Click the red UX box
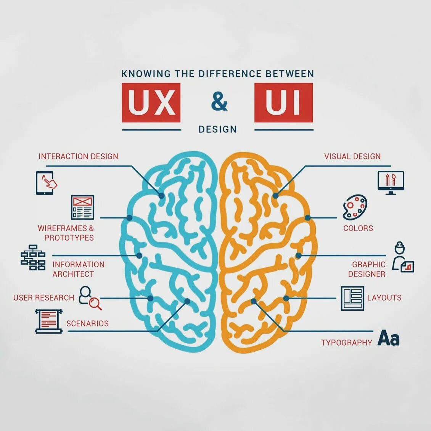(151, 103)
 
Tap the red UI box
(283, 103)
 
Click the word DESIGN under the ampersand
(218, 129)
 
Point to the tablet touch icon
(46, 183)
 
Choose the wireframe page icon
(82, 207)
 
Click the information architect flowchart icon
(33, 257)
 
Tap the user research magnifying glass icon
(90, 298)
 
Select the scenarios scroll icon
(48, 322)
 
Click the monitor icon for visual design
(390, 183)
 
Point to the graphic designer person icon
(402, 257)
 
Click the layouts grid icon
(352, 298)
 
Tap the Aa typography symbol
(388, 338)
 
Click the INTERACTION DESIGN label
(78, 156)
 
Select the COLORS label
(358, 228)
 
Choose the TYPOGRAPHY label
(346, 343)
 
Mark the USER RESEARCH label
(43, 298)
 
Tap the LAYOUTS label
(384, 298)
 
